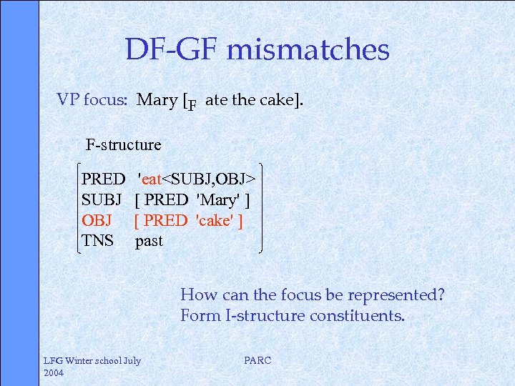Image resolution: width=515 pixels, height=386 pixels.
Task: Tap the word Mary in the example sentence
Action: pyautogui.click(x=157, y=99)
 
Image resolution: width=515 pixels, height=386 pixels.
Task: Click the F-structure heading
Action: pyautogui.click(x=124, y=144)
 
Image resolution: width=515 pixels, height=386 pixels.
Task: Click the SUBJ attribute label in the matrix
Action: pyautogui.click(x=102, y=199)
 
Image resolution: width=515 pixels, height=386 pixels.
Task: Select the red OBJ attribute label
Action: pyautogui.click(x=97, y=220)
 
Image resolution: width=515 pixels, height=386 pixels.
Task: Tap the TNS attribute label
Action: pyautogui.click(x=98, y=241)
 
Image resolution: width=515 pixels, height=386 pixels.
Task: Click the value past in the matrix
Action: pyautogui.click(x=149, y=241)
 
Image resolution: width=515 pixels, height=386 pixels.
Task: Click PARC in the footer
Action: pyautogui.click(x=257, y=361)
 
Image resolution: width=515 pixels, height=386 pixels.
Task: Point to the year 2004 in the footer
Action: pyautogui.click(x=54, y=372)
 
